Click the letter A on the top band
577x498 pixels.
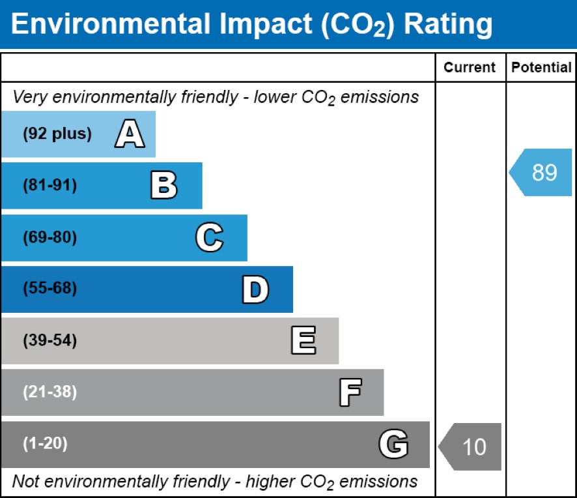tap(130, 134)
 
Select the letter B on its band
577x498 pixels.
tap(164, 185)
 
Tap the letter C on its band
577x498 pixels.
tap(210, 237)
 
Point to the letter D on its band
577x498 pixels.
tap(255, 289)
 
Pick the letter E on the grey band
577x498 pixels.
tap(303, 340)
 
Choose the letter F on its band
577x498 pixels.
tap(350, 392)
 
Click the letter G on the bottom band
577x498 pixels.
tap(393, 444)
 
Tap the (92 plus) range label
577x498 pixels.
tap(57, 134)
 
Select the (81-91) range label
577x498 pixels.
tap(50, 185)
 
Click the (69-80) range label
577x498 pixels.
tap(50, 237)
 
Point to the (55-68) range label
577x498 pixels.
tap(50, 288)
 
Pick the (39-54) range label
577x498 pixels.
tap(50, 340)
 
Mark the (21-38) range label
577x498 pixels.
tap(50, 392)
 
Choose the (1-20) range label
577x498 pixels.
tap(46, 443)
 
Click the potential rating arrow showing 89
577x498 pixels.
tap(541, 172)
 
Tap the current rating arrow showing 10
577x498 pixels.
tap(470, 447)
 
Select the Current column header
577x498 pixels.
tap(470, 67)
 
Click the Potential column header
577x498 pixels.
tap(541, 67)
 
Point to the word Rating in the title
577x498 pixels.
tap(448, 25)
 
